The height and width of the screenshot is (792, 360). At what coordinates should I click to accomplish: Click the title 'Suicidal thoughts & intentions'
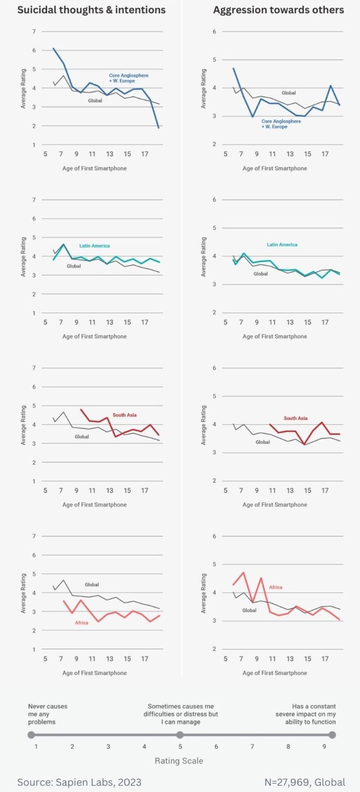coord(91,10)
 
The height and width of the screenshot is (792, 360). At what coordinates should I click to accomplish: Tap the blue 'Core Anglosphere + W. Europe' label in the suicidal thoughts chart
coord(128,78)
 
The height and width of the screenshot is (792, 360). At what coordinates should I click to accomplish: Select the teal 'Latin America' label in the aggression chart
coord(282,244)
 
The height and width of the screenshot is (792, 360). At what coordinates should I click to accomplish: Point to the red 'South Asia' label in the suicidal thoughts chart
coord(124,415)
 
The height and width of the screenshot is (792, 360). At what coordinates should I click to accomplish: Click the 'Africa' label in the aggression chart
coord(275,587)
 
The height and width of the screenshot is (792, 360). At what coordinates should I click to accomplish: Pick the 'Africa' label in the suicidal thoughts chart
coord(81,622)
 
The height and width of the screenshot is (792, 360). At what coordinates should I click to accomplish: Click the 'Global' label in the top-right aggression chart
coord(288,93)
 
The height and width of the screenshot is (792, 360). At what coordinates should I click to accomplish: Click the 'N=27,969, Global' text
coord(305,782)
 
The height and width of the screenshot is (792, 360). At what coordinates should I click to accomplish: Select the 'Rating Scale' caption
coord(179,761)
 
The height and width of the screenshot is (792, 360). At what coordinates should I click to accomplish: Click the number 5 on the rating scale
coord(179,746)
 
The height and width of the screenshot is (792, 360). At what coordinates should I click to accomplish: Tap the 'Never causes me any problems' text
coord(47,714)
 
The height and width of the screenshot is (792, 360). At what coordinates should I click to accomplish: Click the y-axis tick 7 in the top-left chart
coord(34,31)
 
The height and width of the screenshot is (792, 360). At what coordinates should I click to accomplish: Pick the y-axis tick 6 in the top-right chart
coord(214,31)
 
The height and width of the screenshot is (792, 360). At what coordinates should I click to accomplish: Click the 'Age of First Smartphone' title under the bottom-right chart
coord(274,673)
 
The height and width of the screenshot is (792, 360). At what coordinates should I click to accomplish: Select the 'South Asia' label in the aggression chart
coord(296,418)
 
